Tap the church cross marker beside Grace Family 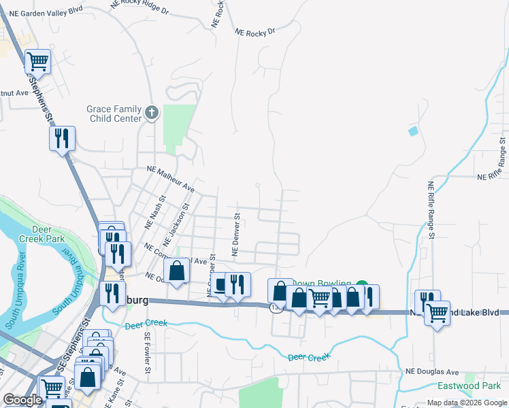(x=152, y=113)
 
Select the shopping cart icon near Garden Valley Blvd (x=38, y=63)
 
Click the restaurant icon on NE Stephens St (x=62, y=139)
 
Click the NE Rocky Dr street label (x=255, y=31)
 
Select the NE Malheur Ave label (x=171, y=180)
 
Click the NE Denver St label (x=237, y=235)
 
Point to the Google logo (x=22, y=401)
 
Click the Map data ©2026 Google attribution (x=466, y=403)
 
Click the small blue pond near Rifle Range (x=412, y=131)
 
